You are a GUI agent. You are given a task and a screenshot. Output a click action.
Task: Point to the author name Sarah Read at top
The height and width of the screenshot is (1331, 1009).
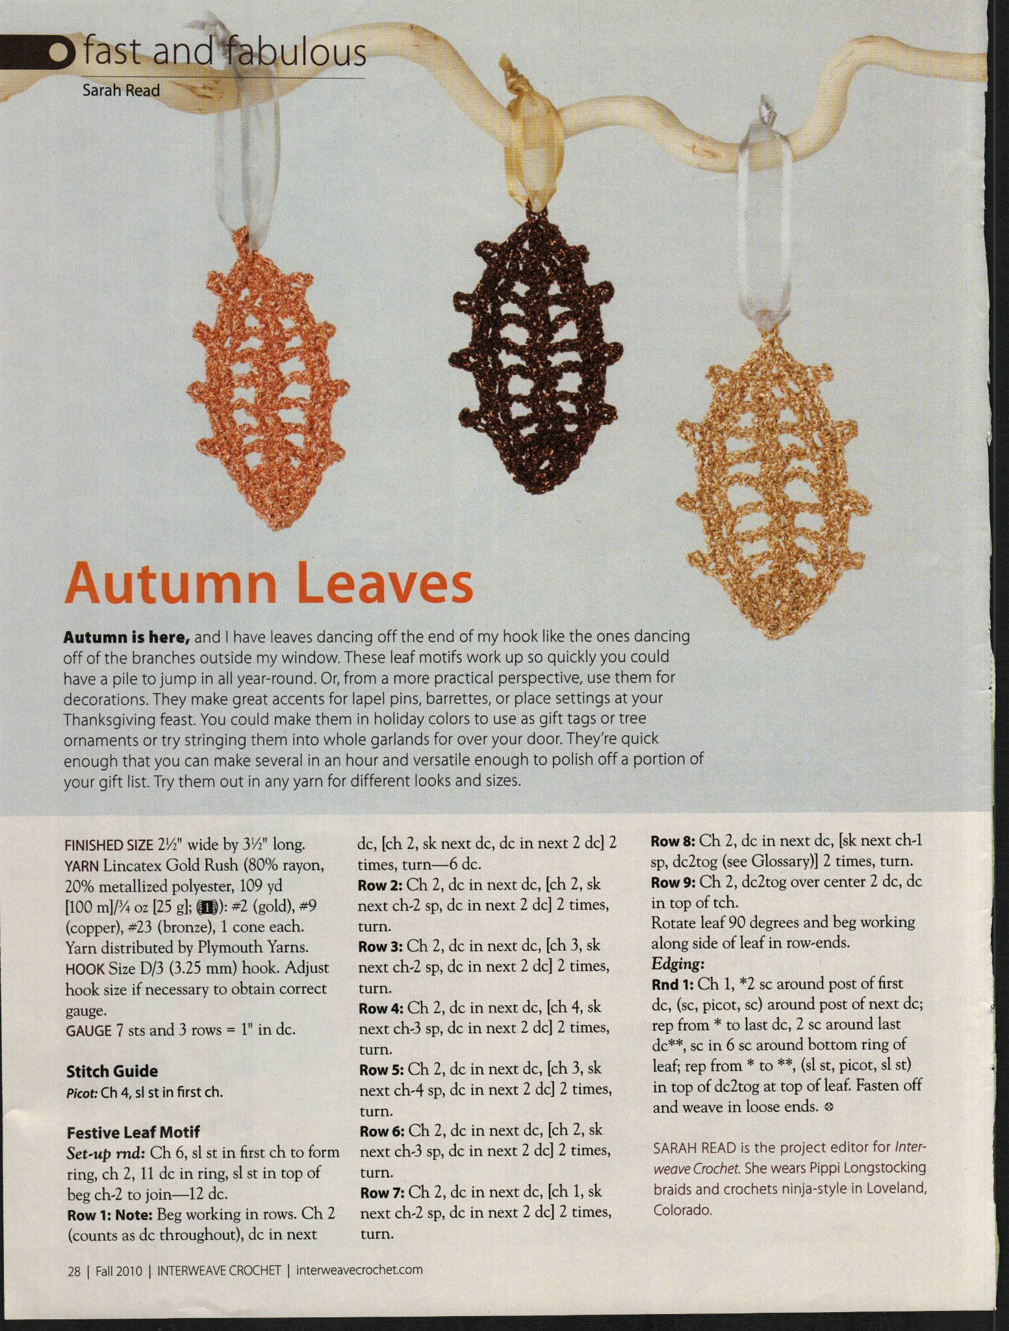pos(121,90)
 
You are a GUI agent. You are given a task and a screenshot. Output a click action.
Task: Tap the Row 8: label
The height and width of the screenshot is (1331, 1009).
pos(674,840)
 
